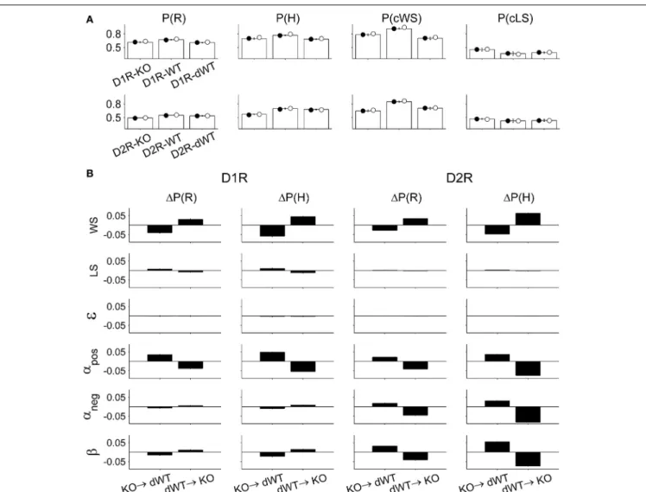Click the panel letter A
pos(90,19)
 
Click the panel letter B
pos(90,174)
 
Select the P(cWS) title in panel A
pos(402,18)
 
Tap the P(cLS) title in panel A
pos(515,18)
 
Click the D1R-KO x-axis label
pos(132,75)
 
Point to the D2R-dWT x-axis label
pos(193,146)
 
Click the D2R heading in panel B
pos(459,178)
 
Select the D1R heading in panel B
pos(234,178)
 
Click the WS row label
pos(94,226)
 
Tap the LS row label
pos(94,271)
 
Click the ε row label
pos(92,316)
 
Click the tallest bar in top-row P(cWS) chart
pos(399,43)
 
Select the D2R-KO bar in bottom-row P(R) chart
pos(140,124)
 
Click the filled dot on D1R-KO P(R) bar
pos(135,42)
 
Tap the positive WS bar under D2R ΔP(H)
pos(528,219)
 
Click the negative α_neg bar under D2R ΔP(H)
pos(528,414)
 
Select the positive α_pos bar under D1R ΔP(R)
pos(160,358)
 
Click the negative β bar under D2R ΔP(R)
pos(415,456)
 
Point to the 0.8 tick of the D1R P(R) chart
pos(114,34)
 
